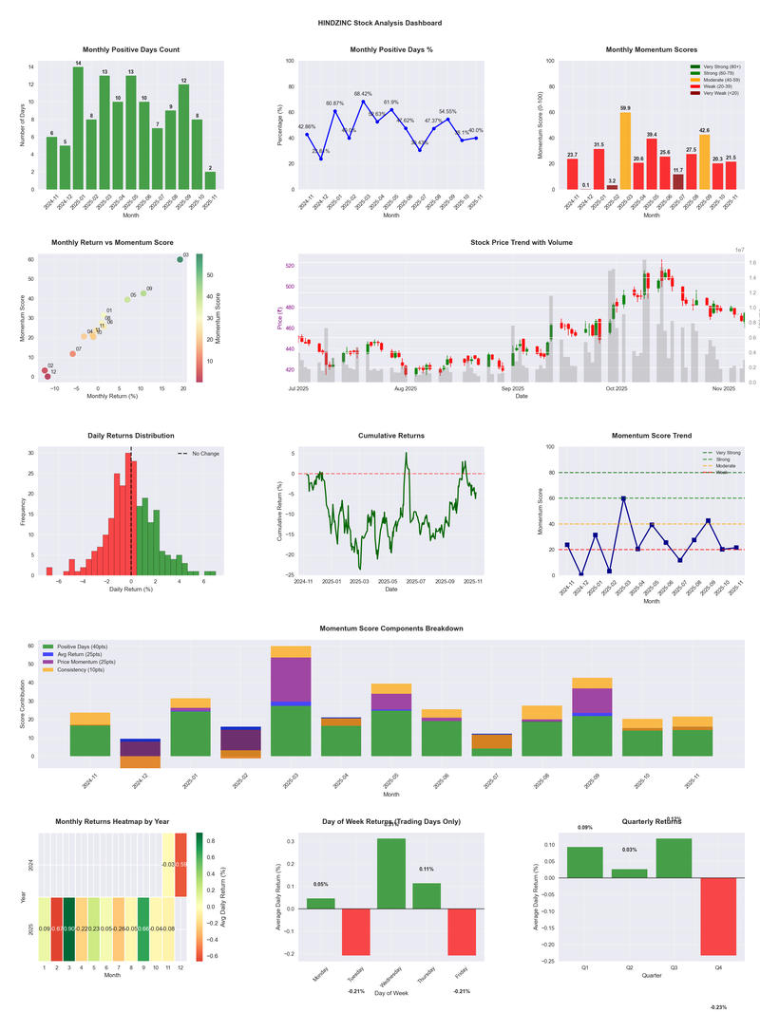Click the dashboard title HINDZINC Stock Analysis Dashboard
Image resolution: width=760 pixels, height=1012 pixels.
point(380,23)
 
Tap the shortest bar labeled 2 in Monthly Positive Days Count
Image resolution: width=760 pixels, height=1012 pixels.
point(210,180)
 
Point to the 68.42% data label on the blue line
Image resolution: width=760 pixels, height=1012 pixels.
point(363,94)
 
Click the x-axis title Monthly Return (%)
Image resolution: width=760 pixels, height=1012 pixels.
point(115,396)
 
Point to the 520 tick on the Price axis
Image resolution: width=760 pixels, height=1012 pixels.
point(290,266)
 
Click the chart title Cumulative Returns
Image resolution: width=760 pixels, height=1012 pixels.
point(391,436)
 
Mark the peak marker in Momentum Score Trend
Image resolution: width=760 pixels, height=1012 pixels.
point(624,498)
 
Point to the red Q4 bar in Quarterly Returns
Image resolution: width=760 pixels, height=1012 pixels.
point(717,916)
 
